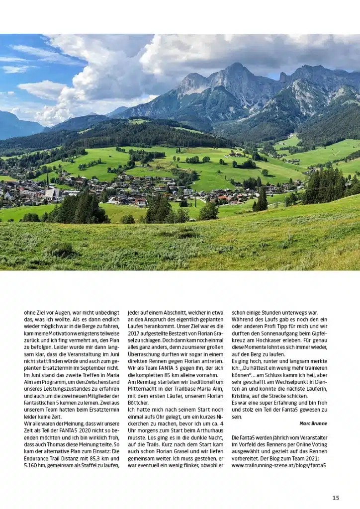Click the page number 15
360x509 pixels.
tap(336, 498)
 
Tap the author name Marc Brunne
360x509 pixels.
tap(313, 424)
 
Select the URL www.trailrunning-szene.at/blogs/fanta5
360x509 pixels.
tap(278, 465)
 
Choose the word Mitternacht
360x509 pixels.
tap(143, 389)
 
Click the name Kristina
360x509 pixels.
tap(243, 396)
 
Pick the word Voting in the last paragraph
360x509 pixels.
tap(319, 444)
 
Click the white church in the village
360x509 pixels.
tap(52, 193)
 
